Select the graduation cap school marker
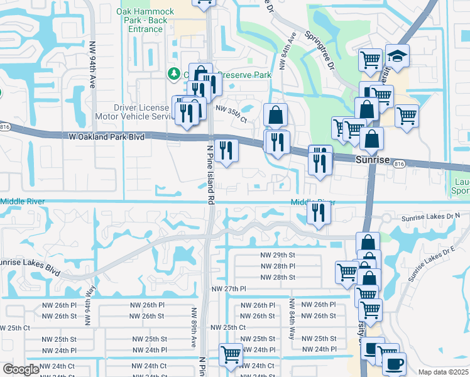click(397, 56)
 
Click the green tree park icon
click(174, 75)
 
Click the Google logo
click(21, 369)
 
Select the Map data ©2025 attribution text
click(443, 372)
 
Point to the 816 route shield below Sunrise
click(400, 164)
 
